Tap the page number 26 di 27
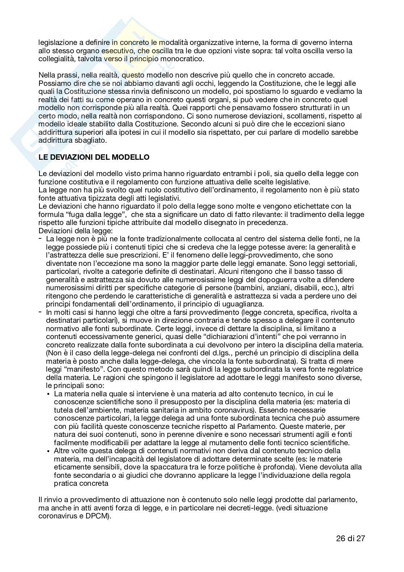350,538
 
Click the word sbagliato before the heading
89,140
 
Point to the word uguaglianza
242,304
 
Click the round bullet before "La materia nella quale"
49,394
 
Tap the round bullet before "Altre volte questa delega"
49,451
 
